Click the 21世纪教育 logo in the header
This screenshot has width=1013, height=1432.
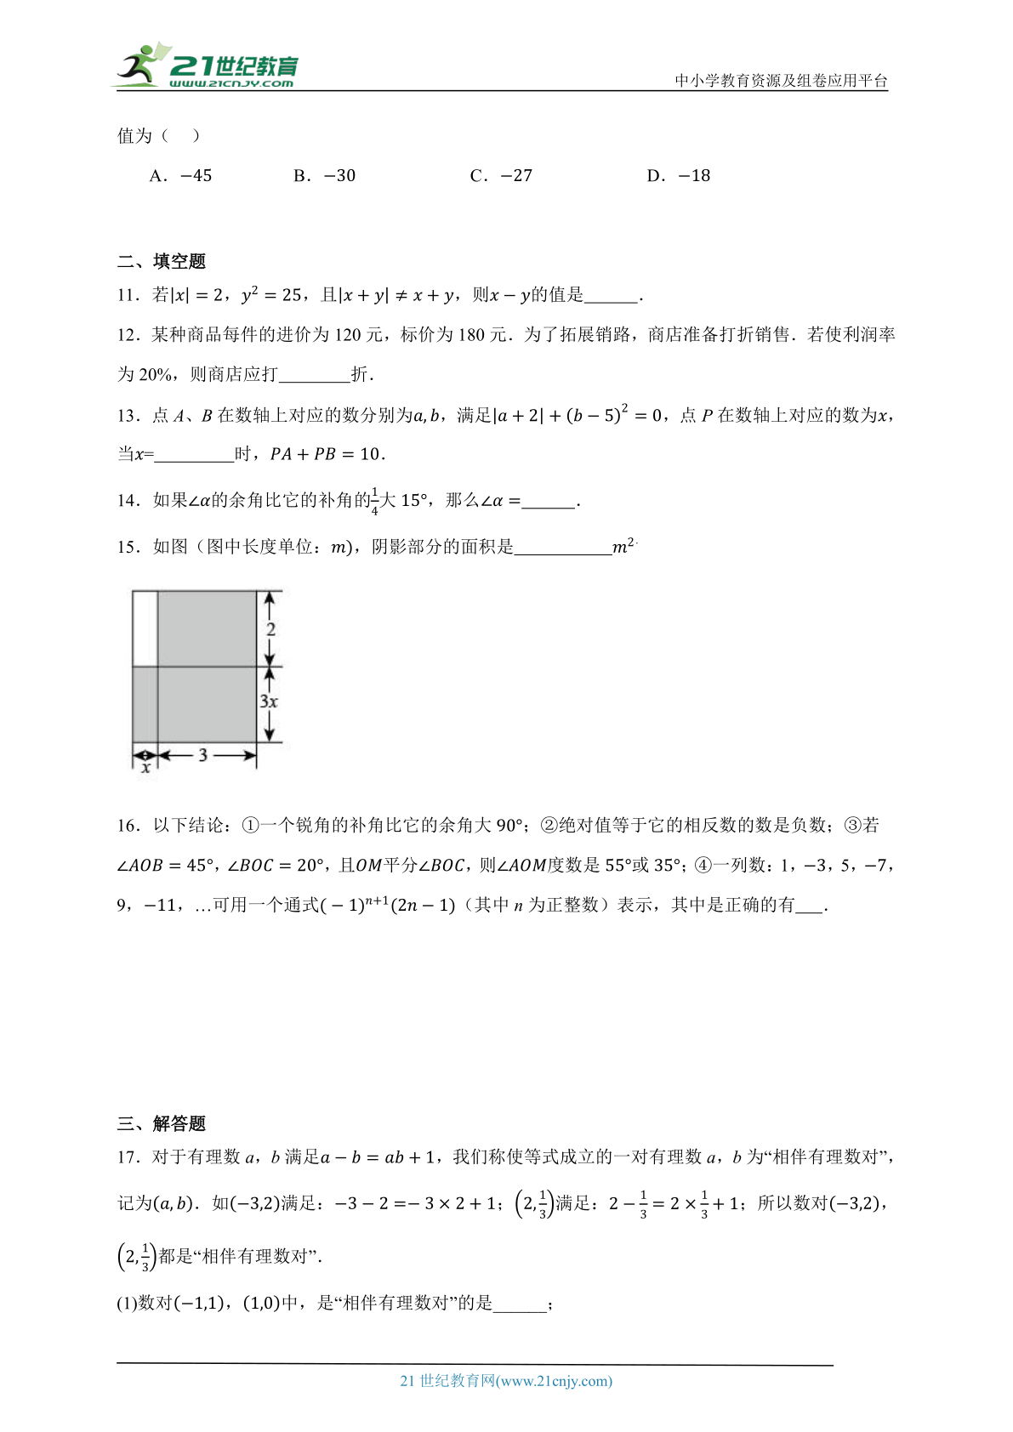coord(208,66)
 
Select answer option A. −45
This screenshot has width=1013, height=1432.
coord(180,176)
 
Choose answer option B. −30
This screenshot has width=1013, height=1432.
coord(324,176)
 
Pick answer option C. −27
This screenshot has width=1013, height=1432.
coord(501,176)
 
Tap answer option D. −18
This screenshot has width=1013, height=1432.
coord(678,176)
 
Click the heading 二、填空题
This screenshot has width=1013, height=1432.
coord(162,261)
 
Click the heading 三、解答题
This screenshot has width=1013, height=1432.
coord(162,1123)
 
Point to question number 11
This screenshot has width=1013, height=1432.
coord(128,296)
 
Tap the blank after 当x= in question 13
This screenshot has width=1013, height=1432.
coord(194,455)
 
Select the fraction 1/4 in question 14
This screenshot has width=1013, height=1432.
coord(375,502)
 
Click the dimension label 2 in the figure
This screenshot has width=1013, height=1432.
coord(270,629)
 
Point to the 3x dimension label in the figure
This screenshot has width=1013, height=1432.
coord(269,702)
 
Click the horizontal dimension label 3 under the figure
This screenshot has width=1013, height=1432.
coord(202,755)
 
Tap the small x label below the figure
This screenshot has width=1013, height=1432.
coord(146,768)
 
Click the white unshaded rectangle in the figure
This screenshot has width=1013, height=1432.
coord(145,628)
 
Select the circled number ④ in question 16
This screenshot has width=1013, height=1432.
coord(703,866)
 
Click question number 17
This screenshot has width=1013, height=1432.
coord(128,1157)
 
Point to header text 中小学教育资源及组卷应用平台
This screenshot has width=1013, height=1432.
coord(781,81)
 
